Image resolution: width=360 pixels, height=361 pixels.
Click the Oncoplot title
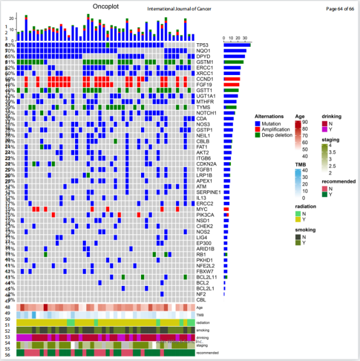click(x=108, y=6)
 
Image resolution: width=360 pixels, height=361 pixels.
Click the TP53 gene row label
click(x=202, y=46)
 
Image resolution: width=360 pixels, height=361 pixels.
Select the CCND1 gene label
click(x=205, y=78)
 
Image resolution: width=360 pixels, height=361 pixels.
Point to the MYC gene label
click(x=202, y=209)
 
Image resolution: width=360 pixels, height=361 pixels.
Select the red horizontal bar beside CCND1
click(x=232, y=78)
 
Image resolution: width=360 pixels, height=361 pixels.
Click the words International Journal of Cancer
click(x=179, y=9)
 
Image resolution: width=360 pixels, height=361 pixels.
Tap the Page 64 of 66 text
click(x=340, y=9)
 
